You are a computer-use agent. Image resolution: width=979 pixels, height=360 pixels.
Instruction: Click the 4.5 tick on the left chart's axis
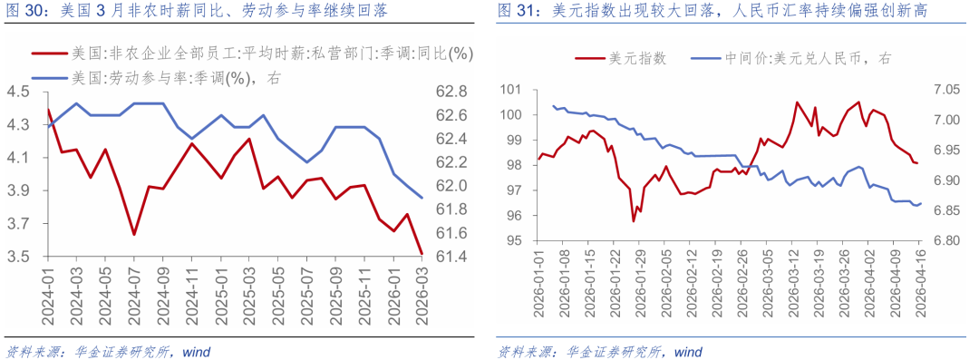18,92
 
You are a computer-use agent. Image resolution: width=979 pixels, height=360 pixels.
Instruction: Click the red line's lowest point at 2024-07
134,235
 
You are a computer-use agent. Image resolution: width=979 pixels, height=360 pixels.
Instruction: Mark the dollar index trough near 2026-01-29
634,220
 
